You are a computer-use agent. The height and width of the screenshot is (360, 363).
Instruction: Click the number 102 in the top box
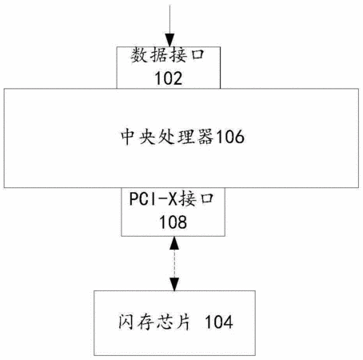tap(169, 78)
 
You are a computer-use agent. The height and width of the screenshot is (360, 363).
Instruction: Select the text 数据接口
tap(167, 55)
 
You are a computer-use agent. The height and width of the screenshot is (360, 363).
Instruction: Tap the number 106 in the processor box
tap(229, 137)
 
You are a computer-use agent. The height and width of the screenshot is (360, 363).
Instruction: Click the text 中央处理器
tap(167, 137)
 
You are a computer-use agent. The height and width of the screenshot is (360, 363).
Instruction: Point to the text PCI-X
tap(154, 198)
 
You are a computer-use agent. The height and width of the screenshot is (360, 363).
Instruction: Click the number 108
tap(173, 222)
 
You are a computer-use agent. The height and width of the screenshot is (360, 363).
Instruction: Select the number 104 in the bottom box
tap(219, 322)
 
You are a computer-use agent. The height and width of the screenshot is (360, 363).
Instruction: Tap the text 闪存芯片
tap(154, 322)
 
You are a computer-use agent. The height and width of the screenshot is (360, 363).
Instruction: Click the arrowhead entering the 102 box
tap(170, 40)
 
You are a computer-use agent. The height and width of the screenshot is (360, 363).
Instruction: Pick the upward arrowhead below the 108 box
tap(174, 242)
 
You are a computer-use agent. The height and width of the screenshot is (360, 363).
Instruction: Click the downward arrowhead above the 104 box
tap(174, 284)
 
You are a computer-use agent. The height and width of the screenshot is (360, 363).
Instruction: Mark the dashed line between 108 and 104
tap(174, 263)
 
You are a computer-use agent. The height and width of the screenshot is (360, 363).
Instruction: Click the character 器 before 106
tap(205, 137)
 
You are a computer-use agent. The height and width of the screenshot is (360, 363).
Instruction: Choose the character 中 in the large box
tap(128, 137)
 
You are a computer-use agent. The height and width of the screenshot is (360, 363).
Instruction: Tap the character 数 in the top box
tap(138, 55)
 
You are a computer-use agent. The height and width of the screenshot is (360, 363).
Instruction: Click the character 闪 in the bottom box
tap(126, 322)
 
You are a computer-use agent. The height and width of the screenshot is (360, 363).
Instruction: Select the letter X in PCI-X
tap(173, 198)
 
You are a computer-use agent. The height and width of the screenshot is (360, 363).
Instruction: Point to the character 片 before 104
tap(183, 322)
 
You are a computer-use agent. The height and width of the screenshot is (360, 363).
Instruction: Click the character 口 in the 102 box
tap(197, 55)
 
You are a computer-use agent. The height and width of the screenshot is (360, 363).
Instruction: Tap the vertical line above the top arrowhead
tap(170, 19)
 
